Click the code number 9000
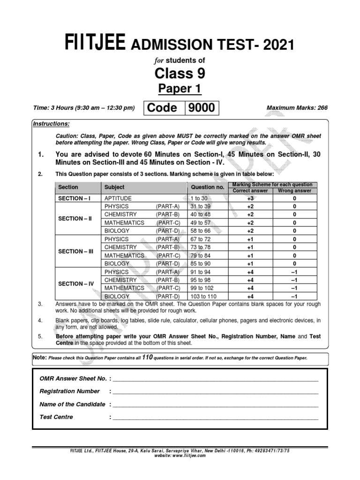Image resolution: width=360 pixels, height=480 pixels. pyautogui.click(x=202, y=108)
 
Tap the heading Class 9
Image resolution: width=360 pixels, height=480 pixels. pyautogui.click(x=180, y=74)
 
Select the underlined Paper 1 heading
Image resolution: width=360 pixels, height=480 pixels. pyautogui.click(x=180, y=89)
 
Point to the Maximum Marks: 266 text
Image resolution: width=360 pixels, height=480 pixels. pyautogui.click(x=297, y=108)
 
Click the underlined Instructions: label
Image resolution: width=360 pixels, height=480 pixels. pyautogui.click(x=51, y=124)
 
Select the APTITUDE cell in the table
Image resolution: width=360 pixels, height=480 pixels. pyautogui.click(x=118, y=198)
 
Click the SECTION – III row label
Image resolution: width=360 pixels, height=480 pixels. pyautogui.click(x=76, y=251)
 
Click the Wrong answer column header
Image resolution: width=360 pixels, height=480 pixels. pyautogui.click(x=294, y=191)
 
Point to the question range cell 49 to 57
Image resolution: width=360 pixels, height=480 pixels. pyautogui.click(x=200, y=223)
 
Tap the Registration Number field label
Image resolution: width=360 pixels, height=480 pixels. pyautogui.click(x=70, y=391)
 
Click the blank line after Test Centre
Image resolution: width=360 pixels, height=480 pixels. pyautogui.click(x=215, y=417)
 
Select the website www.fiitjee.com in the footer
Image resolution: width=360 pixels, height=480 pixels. pyautogui.click(x=180, y=454)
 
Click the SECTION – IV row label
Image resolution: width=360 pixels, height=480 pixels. pyautogui.click(x=76, y=284)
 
